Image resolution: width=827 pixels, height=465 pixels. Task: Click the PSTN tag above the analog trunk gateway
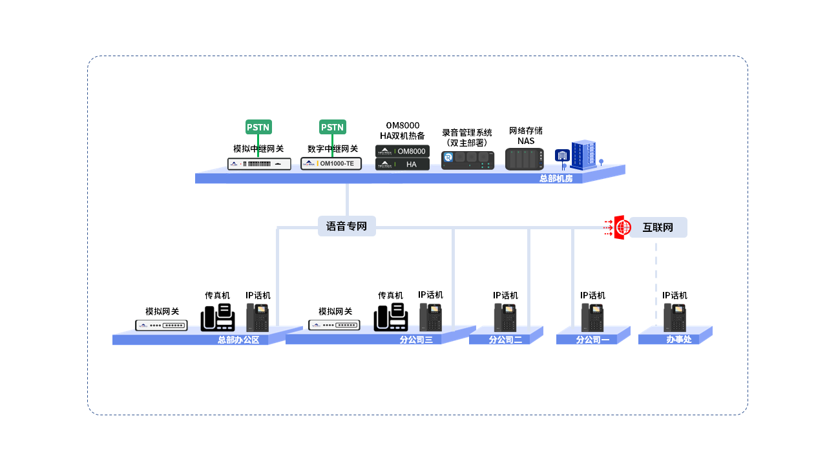258,127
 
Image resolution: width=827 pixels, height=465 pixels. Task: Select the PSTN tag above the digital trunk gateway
332,127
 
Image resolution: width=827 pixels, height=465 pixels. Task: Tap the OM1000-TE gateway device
331,163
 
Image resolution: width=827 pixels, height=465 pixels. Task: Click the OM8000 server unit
403,151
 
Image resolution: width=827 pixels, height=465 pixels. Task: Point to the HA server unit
403,165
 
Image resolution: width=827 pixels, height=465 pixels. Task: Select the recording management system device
467,159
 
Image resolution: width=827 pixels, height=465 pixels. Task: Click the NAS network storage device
524,159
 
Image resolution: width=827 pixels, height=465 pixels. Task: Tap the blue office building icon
583,155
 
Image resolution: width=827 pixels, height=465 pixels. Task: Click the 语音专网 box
346,227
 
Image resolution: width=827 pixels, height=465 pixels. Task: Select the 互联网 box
658,227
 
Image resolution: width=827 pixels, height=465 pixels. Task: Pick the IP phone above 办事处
675,318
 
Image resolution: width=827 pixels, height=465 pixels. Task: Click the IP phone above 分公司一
592,318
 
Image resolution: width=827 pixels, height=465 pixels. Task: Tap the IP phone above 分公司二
505,318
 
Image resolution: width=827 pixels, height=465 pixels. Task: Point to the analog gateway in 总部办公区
161,325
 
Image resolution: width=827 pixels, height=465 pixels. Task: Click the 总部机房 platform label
556,179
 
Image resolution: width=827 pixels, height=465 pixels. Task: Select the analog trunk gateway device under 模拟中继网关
258,164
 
